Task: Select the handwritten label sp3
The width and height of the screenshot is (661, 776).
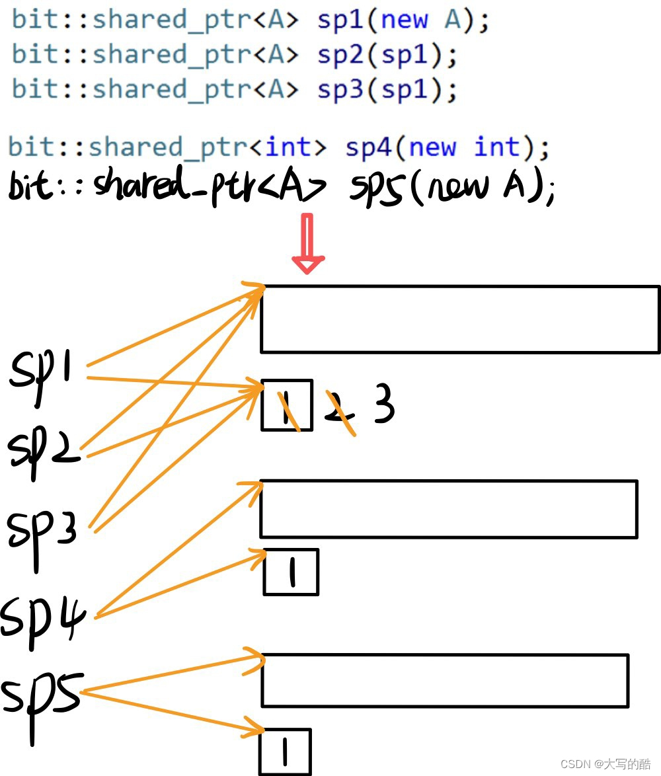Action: [41, 529]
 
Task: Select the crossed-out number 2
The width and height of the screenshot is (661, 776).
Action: [340, 412]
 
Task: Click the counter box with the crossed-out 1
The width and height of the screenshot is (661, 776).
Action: [286, 405]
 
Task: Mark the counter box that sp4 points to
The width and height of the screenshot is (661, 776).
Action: [291, 572]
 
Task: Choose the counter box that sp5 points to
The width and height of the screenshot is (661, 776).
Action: [284, 752]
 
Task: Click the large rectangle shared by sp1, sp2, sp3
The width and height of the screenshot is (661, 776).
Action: [459, 319]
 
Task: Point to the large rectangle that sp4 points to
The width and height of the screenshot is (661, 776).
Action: [448, 508]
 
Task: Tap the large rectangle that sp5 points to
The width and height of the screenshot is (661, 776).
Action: [444, 680]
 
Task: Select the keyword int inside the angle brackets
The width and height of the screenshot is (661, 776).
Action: [289, 147]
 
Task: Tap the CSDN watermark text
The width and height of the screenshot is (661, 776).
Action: [605, 764]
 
